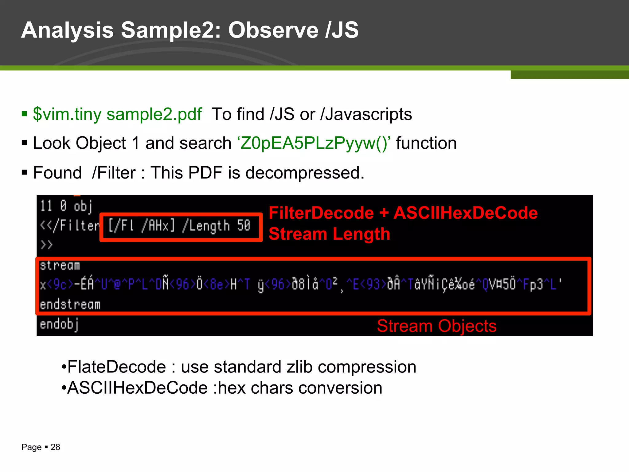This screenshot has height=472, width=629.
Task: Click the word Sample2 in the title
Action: [170, 30]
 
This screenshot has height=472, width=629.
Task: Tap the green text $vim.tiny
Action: [67, 114]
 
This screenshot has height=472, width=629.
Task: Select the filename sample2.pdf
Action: [154, 114]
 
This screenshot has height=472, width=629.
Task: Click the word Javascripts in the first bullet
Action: [369, 114]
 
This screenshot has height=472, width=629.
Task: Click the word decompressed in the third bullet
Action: [305, 173]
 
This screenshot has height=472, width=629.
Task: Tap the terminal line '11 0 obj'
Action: [66, 206]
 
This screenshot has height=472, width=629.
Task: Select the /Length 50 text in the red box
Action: [217, 226]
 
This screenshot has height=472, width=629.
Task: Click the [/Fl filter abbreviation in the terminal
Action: [121, 226]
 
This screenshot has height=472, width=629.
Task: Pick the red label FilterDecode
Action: [321, 213]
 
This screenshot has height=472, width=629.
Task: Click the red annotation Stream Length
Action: [329, 234]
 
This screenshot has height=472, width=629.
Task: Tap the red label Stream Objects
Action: [436, 326]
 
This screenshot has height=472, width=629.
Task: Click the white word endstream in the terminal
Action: [70, 305]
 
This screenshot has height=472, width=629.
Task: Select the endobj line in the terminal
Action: [59, 324]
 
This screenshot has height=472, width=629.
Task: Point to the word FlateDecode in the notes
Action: [117, 367]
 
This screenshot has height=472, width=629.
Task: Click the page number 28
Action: [55, 447]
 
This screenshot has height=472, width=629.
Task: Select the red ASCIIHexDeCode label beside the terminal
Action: [465, 213]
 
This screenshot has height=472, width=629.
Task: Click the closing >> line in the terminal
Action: [47, 245]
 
